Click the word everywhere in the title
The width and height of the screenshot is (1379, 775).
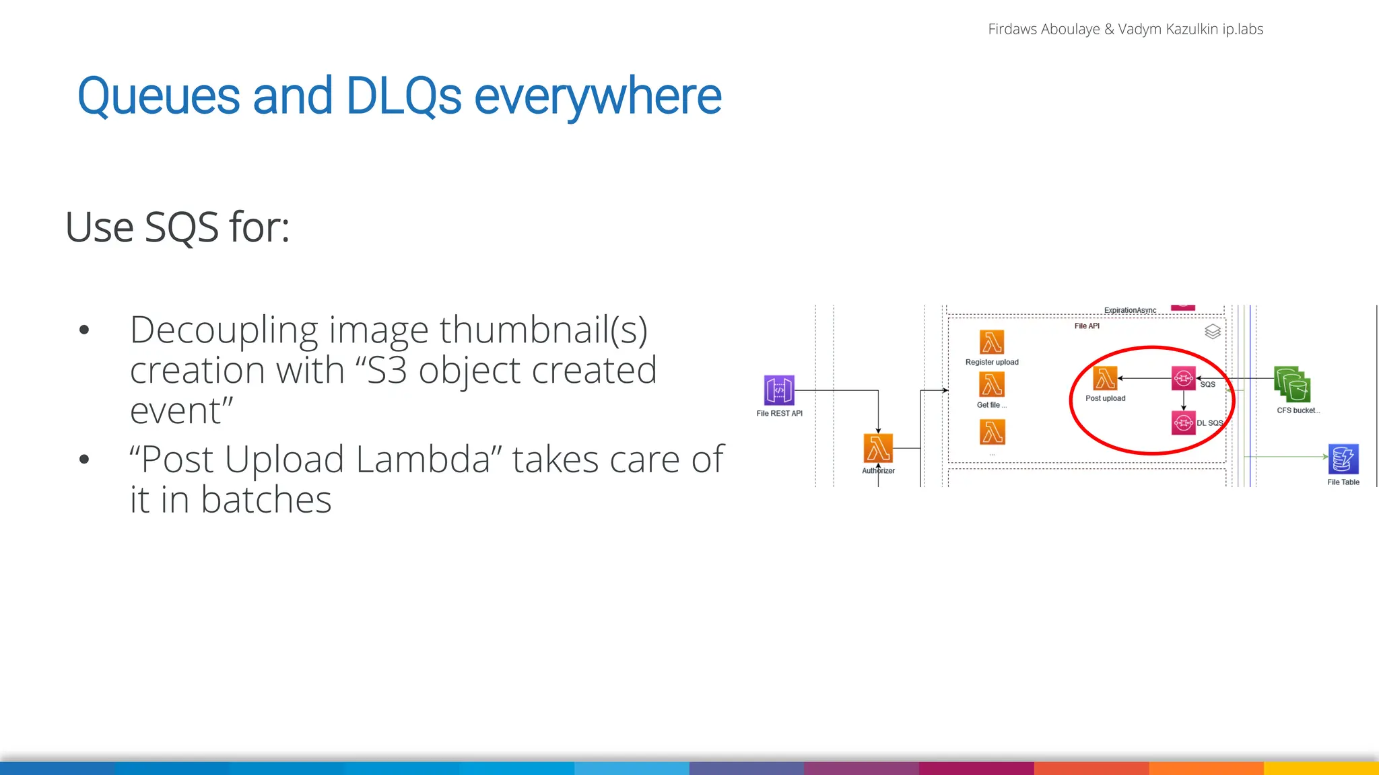point(597,96)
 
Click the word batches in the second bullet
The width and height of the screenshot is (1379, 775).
point(266,500)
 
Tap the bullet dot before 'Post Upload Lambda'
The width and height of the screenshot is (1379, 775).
point(84,459)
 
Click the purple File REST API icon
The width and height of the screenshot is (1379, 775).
point(779,390)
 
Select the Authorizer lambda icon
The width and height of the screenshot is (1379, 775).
point(878,447)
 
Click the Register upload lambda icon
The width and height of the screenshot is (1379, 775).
point(992,342)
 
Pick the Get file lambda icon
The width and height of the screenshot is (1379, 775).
point(992,385)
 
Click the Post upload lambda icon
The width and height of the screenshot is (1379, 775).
point(1105,379)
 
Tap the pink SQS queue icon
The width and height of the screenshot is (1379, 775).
point(1183,378)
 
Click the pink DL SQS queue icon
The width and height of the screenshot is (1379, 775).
point(1183,422)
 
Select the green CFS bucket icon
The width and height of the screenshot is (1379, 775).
point(1292,385)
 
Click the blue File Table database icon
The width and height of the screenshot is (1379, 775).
point(1343,459)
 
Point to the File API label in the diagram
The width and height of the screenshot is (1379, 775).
point(1087,326)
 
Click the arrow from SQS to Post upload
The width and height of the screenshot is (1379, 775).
point(1145,378)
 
